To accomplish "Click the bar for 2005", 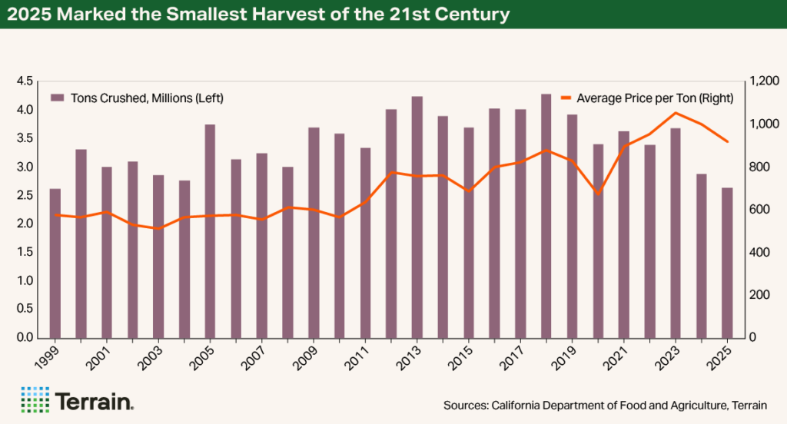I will click(x=210, y=230).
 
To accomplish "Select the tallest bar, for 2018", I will click(x=546, y=216).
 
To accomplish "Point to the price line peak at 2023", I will click(x=675, y=113).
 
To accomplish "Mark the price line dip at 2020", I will click(x=598, y=194).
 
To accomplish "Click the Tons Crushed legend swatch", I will click(x=57, y=98).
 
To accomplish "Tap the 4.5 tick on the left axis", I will click(x=24, y=81).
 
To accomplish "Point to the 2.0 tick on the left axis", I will click(x=24, y=224).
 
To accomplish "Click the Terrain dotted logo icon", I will click(x=35, y=399).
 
